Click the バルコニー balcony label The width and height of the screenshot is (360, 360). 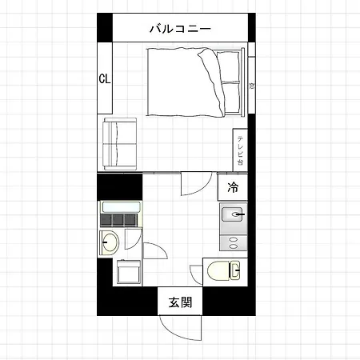point(180,28)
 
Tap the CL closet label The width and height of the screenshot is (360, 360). point(105,78)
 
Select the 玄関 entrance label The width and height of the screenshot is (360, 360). point(180,302)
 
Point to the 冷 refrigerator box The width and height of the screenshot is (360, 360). point(233,187)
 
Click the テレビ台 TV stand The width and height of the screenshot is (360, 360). point(240,150)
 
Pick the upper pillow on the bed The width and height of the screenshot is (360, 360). point(228,66)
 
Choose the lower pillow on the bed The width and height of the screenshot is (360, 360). point(231,98)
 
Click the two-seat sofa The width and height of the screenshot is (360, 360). point(120,144)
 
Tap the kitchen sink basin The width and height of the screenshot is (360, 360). point(232,214)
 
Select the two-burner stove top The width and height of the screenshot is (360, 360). point(234,242)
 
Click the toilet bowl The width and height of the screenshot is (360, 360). point(218,270)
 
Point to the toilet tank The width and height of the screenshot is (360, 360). point(235,270)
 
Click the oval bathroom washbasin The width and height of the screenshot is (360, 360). point(110,242)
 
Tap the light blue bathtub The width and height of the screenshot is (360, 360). point(122,207)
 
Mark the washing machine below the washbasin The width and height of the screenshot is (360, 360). point(129,271)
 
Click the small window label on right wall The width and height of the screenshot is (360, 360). point(251,86)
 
